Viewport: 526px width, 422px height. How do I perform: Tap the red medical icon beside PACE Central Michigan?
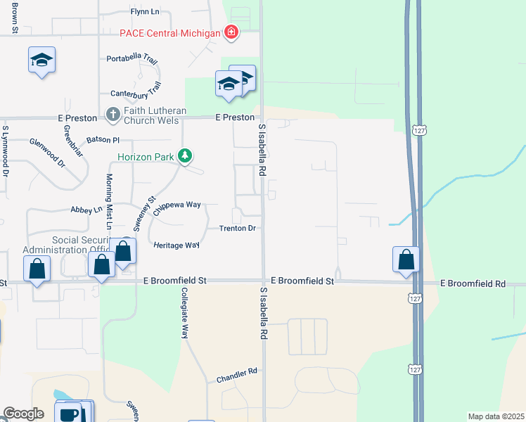click(x=231, y=32)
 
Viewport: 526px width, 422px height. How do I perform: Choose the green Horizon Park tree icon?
click(x=184, y=155)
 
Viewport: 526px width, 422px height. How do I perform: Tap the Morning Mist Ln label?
click(x=109, y=202)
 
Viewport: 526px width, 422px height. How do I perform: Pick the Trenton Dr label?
click(x=236, y=228)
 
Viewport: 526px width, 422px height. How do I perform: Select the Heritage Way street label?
click(x=177, y=245)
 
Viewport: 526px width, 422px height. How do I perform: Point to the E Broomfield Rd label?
click(x=473, y=283)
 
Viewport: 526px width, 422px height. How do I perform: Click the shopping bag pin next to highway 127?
click(x=406, y=259)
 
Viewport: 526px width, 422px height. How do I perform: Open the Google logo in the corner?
click(x=23, y=414)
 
